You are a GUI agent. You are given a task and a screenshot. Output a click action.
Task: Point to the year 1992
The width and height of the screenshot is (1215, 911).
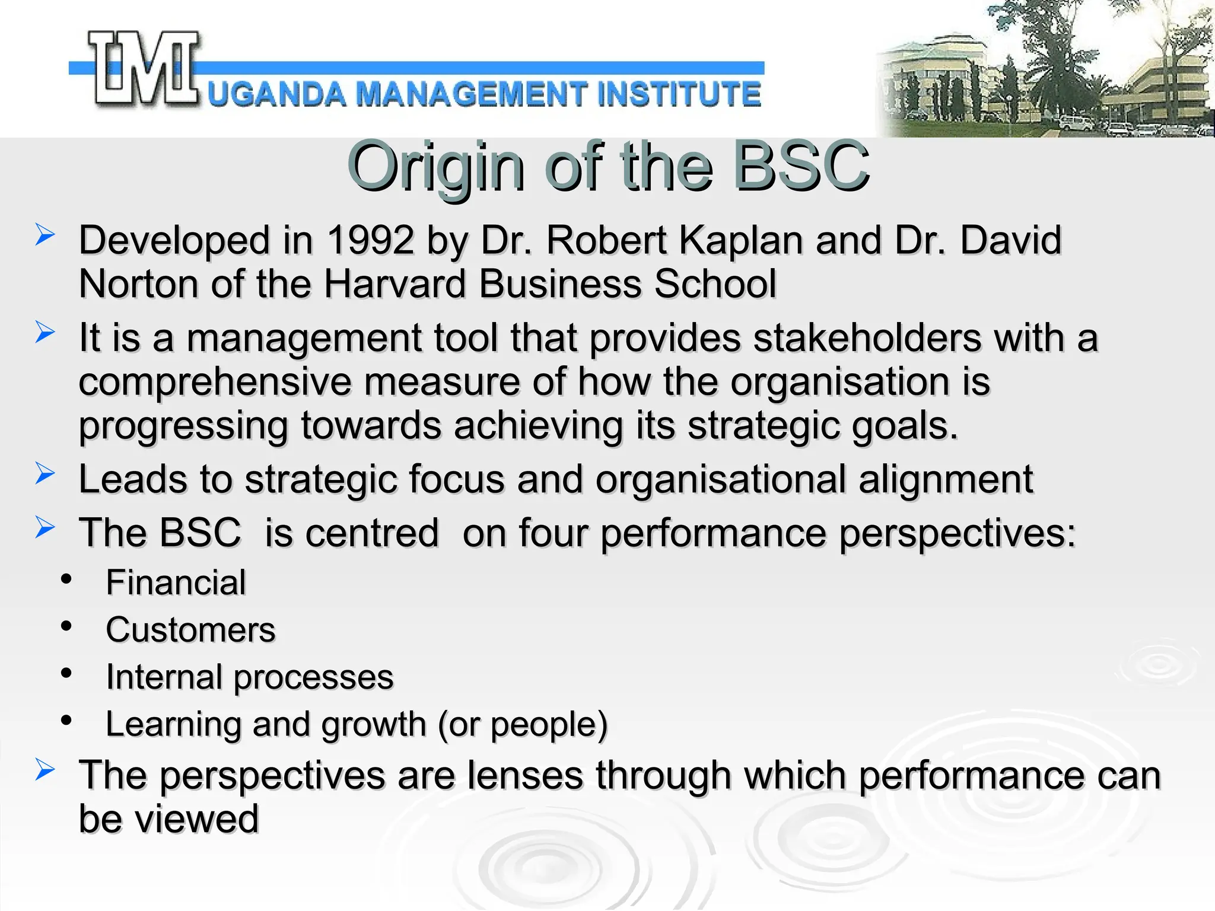(x=370, y=240)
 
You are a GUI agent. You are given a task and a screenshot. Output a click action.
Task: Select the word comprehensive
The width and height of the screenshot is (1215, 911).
(x=215, y=382)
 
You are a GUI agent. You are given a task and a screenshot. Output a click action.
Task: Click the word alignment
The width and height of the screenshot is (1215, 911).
(x=946, y=479)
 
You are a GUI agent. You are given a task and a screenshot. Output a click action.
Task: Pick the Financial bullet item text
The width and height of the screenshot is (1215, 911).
(x=176, y=582)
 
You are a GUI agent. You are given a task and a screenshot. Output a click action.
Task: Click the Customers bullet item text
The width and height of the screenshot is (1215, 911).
(x=190, y=630)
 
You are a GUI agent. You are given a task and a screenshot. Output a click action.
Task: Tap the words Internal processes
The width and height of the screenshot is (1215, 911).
(x=249, y=677)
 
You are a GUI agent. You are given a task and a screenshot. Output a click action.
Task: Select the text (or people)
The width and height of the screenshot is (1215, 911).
(x=523, y=725)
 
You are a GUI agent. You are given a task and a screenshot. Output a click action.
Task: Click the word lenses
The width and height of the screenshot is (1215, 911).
(x=525, y=776)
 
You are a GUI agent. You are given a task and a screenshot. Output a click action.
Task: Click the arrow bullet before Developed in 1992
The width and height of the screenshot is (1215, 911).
(x=44, y=235)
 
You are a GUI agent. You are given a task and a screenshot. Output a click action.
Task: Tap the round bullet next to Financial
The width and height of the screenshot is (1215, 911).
(x=66, y=578)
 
